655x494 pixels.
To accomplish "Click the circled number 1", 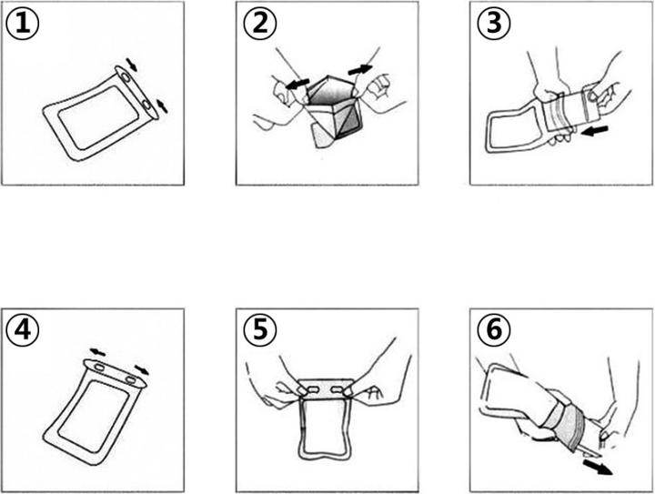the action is (23, 25).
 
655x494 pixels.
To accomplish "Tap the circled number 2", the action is (260, 24).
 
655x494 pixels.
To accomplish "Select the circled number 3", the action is (494, 24).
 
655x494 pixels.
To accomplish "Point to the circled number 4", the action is (23, 330).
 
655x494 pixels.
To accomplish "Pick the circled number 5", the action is (260, 330).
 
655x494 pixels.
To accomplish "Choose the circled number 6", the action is (494, 330).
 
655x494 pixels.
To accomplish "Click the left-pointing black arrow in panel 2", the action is (297, 84).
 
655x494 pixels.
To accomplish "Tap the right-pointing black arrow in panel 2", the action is (360, 70).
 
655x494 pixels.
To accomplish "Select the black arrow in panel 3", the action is (594, 131).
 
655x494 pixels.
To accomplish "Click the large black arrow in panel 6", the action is (598, 467).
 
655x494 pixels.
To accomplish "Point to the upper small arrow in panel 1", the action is (132, 65).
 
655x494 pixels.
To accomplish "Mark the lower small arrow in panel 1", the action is (162, 106).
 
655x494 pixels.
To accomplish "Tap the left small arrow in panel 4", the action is (97, 352).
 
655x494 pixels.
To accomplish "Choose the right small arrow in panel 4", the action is (142, 369).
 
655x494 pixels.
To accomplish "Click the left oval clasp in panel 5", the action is (312, 389).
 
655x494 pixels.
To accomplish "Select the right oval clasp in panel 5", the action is (337, 389).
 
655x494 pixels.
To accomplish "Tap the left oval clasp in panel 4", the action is (100, 368).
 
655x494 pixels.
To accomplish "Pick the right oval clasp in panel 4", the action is (131, 380).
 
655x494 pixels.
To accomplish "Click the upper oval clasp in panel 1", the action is (125, 76).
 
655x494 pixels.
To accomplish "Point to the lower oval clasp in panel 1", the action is (146, 104).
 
